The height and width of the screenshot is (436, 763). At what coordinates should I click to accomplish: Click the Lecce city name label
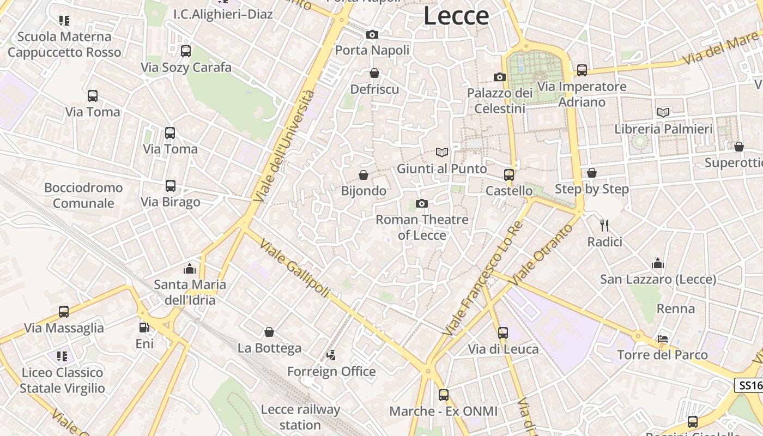456,16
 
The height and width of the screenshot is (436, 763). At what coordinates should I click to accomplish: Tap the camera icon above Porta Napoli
372,35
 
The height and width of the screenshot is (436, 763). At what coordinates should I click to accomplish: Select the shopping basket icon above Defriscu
374,73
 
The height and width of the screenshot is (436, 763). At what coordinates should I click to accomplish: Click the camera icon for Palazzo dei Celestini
499,77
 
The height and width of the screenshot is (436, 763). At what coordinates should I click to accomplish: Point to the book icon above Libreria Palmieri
663,113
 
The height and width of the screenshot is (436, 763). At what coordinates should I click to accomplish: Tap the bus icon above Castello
508,174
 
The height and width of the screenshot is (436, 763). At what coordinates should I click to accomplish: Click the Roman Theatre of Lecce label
422,227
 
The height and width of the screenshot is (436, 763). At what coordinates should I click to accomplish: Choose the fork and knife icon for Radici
604,225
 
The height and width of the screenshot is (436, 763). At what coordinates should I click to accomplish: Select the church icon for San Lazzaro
658,264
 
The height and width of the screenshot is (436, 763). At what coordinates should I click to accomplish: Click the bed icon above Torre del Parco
663,339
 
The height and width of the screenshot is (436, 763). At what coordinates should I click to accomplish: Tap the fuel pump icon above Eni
144,328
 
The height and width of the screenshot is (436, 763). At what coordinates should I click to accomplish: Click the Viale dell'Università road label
284,146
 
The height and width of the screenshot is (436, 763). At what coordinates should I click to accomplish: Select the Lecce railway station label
300,417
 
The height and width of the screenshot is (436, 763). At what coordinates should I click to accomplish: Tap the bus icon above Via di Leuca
503,332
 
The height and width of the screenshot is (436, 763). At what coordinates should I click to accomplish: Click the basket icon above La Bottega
269,332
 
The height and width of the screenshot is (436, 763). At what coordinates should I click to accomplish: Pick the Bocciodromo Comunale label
83,195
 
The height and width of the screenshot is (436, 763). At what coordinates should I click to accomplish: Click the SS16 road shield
749,386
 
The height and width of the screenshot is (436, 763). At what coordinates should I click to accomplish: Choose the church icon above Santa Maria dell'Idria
190,269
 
